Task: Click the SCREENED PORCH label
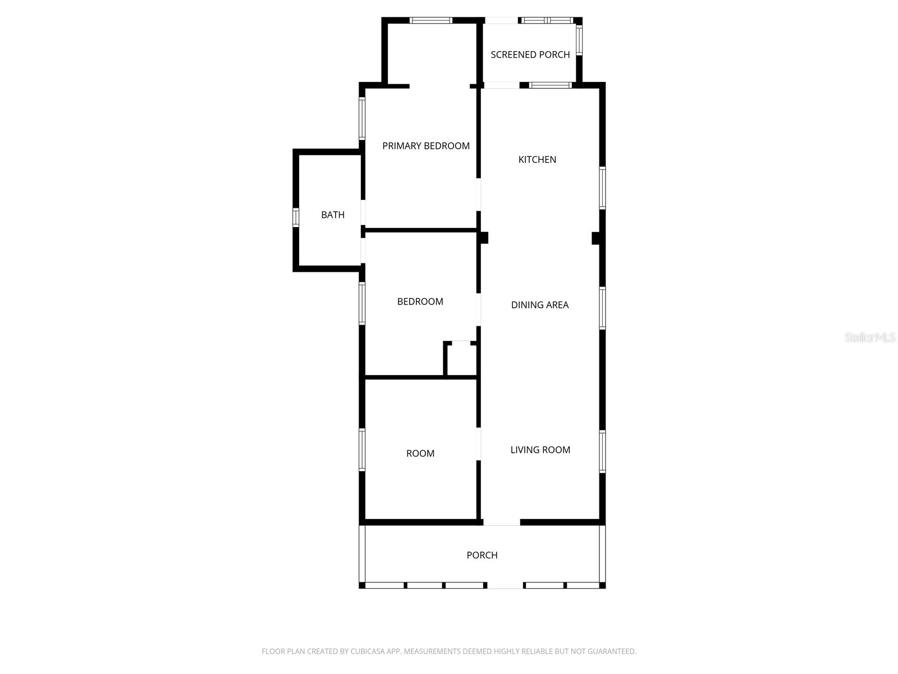click(x=530, y=54)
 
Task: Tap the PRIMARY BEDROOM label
click(x=425, y=146)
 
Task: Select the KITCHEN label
click(x=537, y=160)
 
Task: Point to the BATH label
click(x=333, y=215)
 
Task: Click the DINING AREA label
click(x=539, y=305)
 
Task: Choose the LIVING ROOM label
click(x=540, y=450)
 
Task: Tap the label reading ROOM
click(x=420, y=454)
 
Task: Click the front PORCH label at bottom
click(x=482, y=555)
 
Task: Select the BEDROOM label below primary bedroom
click(x=420, y=302)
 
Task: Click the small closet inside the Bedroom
click(x=461, y=359)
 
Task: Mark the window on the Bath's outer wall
click(x=296, y=217)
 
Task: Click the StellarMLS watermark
click(x=869, y=338)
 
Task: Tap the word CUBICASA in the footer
click(x=367, y=652)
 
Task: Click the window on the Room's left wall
click(x=362, y=449)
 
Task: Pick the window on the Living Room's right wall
click(x=602, y=451)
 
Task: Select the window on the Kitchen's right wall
click(x=602, y=188)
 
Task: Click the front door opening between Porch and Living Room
click(x=501, y=523)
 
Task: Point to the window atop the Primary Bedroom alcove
click(x=430, y=21)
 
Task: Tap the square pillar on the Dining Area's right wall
click(x=597, y=238)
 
